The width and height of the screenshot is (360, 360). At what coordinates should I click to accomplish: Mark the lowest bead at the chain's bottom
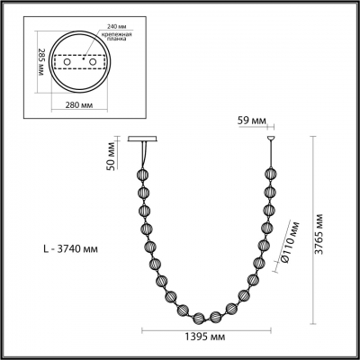pos(202,316)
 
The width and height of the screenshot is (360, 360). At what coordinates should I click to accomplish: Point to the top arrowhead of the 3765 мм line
pos(312,138)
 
